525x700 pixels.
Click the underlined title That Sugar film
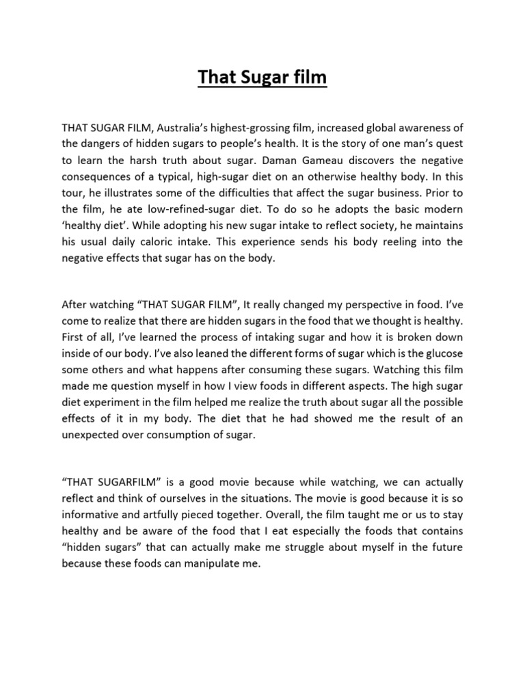[x=262, y=79]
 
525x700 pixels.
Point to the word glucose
[x=443, y=353]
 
